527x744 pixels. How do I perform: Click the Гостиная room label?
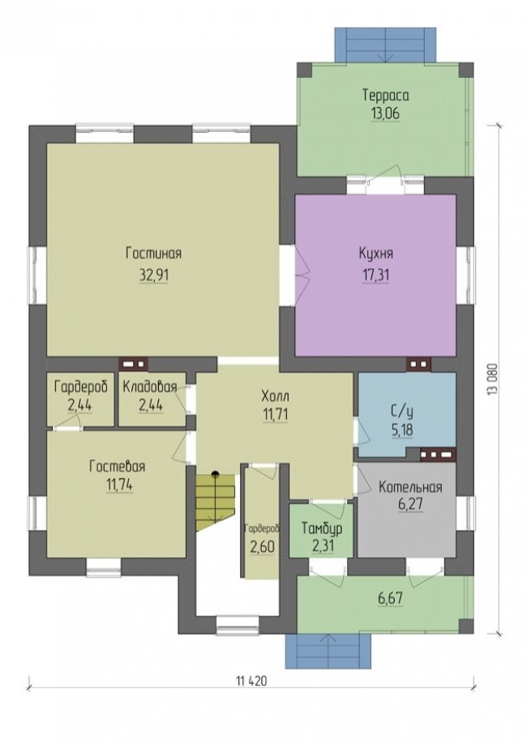[x=153, y=254]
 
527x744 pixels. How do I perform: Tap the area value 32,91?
[x=154, y=276]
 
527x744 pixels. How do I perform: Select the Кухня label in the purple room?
[x=375, y=254]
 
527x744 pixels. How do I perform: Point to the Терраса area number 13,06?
[x=385, y=114]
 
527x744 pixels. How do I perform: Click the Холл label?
[x=275, y=396]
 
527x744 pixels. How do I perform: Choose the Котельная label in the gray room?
[x=410, y=487]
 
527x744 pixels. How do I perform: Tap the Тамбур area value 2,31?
[x=323, y=546]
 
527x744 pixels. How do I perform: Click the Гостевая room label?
[x=118, y=467]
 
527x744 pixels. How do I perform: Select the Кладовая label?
[x=150, y=387]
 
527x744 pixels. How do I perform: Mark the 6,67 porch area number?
[x=390, y=598]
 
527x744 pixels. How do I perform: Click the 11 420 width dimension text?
[x=251, y=682]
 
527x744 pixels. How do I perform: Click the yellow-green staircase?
[x=216, y=502]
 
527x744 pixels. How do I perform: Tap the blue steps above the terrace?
[x=385, y=44]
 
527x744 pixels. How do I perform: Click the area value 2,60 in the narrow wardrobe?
[x=262, y=546]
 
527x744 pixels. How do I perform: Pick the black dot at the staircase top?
[x=216, y=473]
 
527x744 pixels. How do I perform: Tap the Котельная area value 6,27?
[x=410, y=504]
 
